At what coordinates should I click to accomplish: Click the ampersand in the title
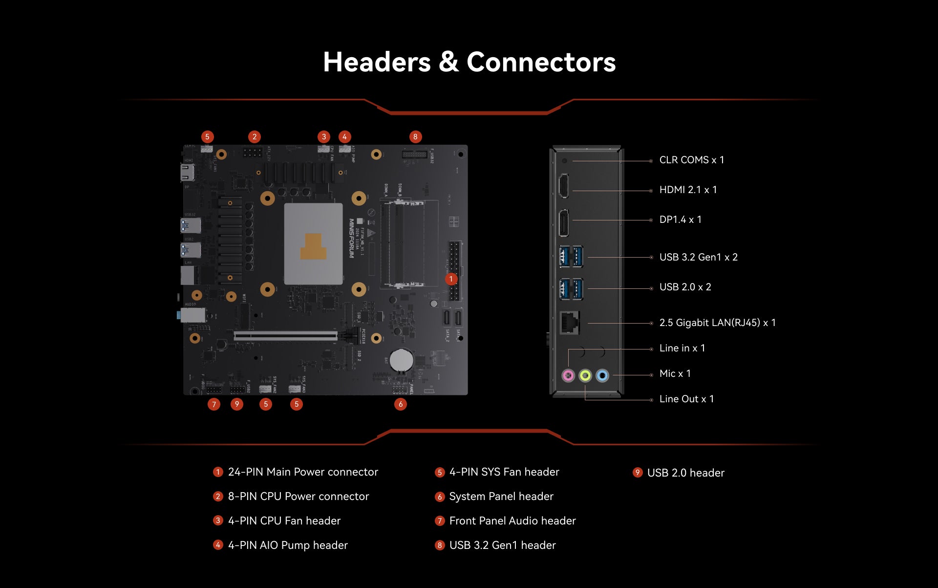tap(448, 63)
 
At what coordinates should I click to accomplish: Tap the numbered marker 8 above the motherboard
tap(415, 137)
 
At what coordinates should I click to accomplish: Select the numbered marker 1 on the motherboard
tap(451, 279)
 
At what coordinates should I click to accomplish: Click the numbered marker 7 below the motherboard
tap(213, 404)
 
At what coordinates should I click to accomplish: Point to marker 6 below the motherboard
tap(401, 404)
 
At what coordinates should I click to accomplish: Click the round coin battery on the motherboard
tap(402, 360)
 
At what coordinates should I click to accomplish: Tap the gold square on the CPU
tap(313, 247)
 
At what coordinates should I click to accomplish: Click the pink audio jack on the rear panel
tap(568, 375)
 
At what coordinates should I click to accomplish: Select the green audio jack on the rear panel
tap(585, 375)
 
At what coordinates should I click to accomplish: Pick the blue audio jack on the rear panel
tap(602, 375)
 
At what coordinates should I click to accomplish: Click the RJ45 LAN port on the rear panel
tap(569, 323)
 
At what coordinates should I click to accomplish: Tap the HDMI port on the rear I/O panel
tap(563, 186)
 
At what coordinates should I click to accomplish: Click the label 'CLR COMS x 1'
tap(691, 160)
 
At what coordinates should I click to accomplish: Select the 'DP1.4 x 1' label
tap(680, 220)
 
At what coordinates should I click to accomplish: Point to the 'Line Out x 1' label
tap(686, 399)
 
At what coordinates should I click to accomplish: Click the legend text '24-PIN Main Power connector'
tap(303, 472)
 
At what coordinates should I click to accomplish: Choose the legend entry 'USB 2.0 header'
tap(685, 473)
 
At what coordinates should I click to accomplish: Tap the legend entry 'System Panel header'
tap(501, 497)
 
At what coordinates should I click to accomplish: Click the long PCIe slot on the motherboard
tap(285, 336)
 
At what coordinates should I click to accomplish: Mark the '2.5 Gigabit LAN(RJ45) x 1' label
tap(717, 323)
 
